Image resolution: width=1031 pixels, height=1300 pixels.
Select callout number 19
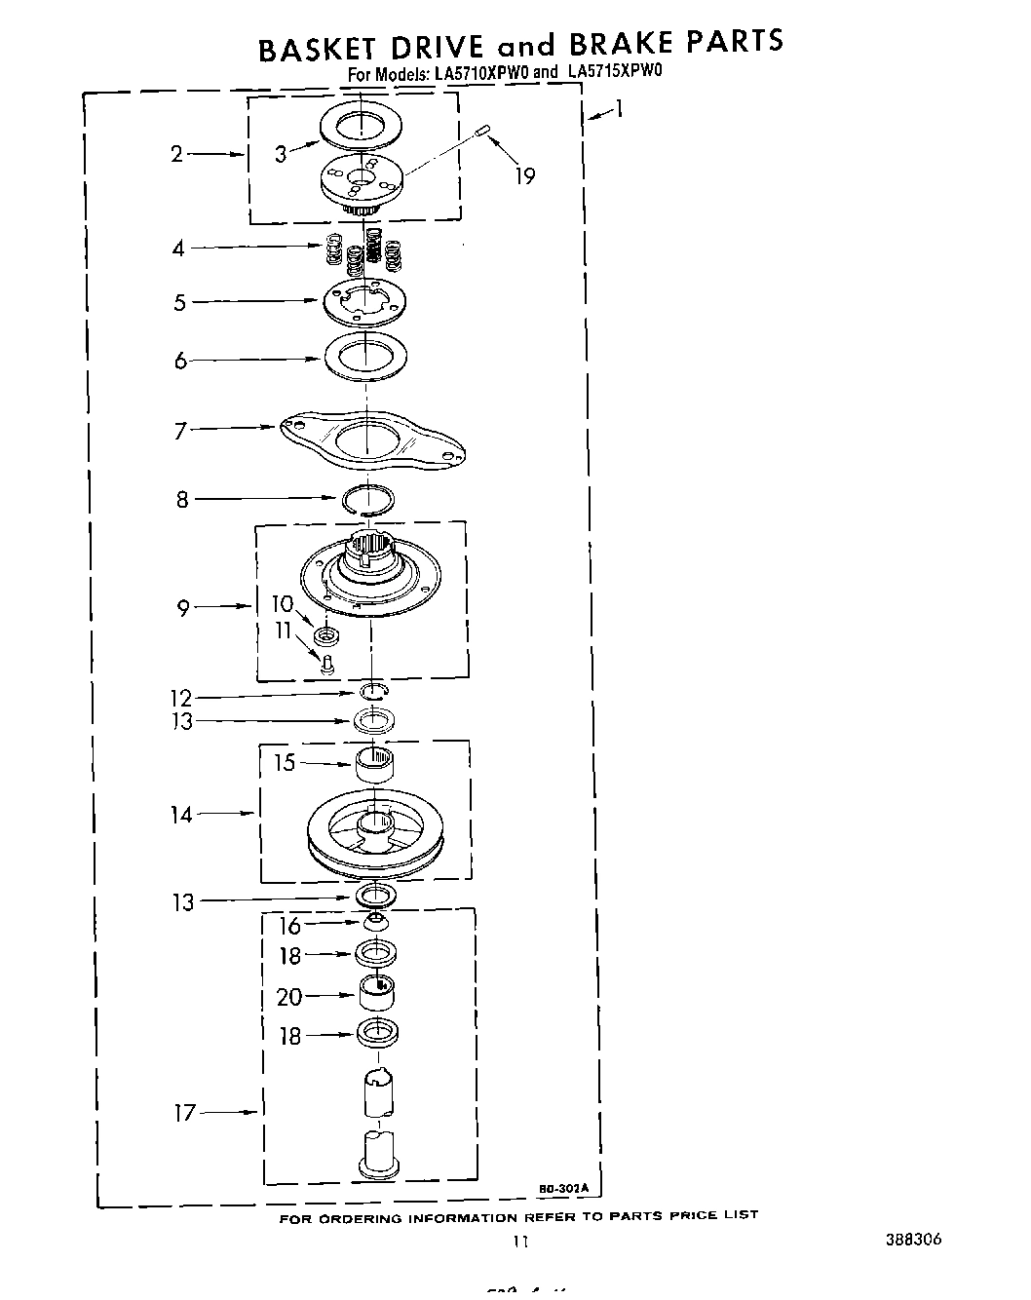coord(524,176)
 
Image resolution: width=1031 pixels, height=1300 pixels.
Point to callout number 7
coord(180,430)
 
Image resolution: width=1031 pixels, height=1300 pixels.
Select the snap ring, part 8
coord(368,499)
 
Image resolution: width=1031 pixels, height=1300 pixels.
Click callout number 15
coord(284,762)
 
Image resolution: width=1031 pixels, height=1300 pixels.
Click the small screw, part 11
coord(328,665)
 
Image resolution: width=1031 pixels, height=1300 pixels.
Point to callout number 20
coord(289,996)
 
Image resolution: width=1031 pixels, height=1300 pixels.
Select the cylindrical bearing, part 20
coord(377,993)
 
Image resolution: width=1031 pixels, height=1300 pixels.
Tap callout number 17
coord(185,1112)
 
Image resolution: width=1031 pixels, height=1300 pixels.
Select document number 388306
coord(913,1240)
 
